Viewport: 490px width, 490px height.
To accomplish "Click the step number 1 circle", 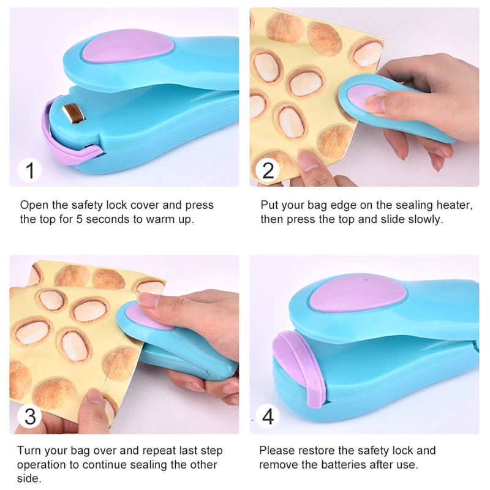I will [29, 170].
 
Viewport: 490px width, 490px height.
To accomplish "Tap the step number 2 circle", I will [268, 170].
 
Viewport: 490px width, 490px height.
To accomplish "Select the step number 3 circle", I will [29, 417].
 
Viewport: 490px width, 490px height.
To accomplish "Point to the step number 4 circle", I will [268, 417].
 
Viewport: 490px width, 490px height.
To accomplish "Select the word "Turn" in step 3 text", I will [28, 451].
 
